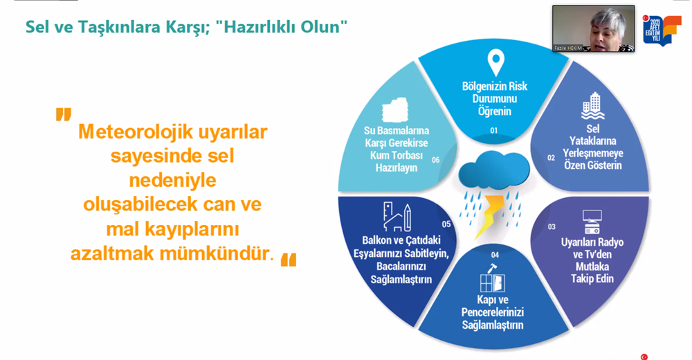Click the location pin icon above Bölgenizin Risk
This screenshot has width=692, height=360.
coord(495,62)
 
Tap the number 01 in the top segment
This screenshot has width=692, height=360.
coord(494,131)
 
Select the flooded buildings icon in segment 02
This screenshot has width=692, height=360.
coord(593,105)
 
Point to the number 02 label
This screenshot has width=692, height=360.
coord(552,158)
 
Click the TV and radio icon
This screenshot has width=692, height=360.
coord(592,222)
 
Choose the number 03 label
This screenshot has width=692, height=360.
coord(552,227)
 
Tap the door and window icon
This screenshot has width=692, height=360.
coord(493,279)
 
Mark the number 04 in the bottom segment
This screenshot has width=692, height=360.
coord(495,255)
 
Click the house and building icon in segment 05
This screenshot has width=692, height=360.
coord(397,217)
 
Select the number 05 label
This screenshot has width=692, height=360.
coord(446,224)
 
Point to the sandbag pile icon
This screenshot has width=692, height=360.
coord(395,110)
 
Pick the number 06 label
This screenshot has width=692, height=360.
coord(435,161)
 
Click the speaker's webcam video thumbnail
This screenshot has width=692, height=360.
coord(594,28)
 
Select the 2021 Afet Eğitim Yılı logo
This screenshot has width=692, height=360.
coord(661,30)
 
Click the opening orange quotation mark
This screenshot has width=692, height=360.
coord(64,114)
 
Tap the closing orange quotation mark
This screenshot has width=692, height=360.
coord(289,260)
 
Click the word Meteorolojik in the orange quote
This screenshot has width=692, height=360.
coord(136,132)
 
